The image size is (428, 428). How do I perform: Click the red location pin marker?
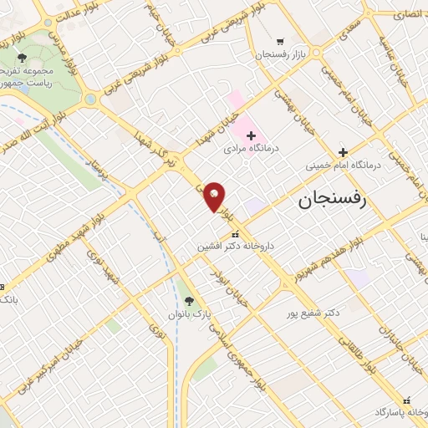pyautogui.click(x=215, y=196)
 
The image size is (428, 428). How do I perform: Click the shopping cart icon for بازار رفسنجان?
pyautogui.click(x=279, y=41)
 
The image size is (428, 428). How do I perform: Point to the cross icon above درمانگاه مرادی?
pyautogui.click(x=251, y=135)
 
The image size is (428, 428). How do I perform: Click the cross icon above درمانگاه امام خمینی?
pyautogui.click(x=343, y=152)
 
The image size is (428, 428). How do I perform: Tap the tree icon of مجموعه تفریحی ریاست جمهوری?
pyautogui.click(x=23, y=58)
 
